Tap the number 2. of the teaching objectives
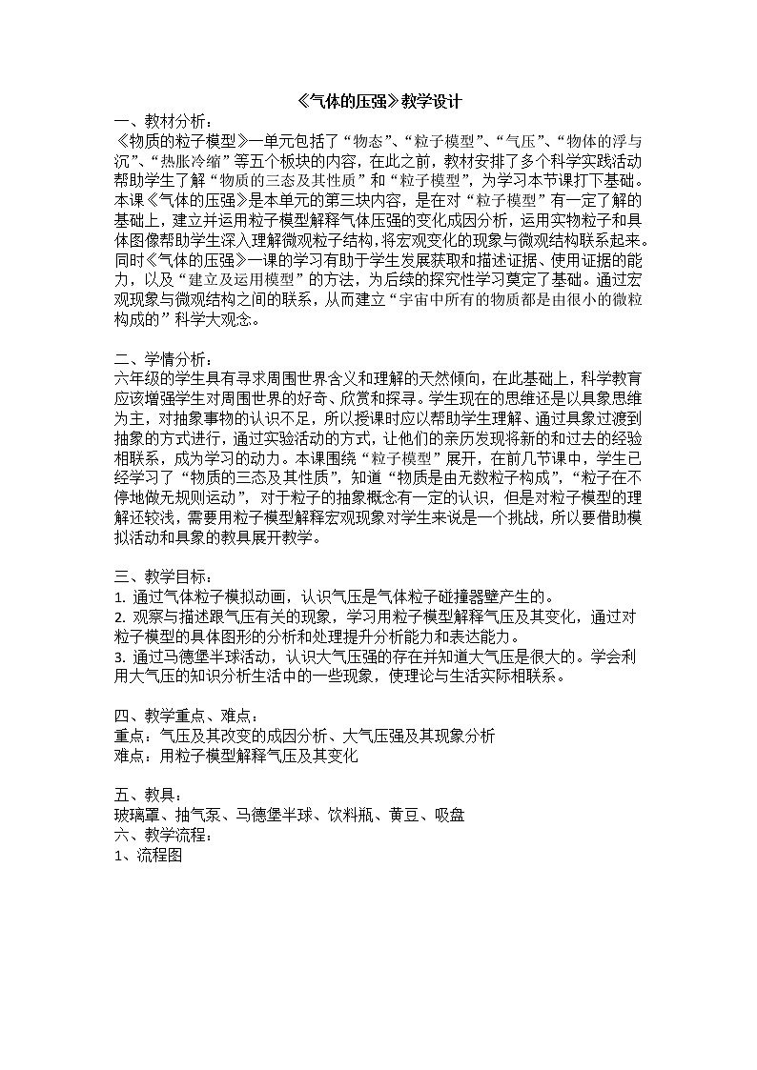point(119,617)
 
